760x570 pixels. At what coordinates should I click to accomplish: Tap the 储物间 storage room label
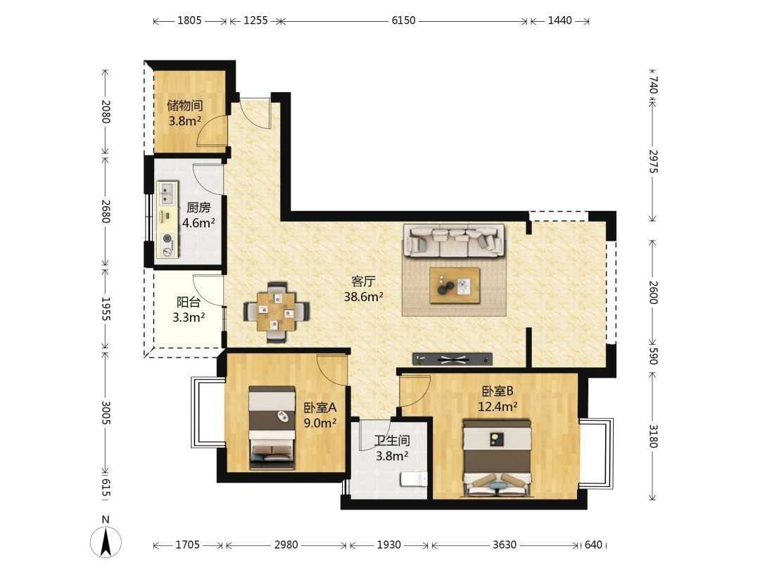[184, 113]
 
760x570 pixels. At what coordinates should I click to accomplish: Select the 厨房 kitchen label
[198, 215]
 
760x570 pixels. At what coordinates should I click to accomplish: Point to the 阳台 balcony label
[189, 310]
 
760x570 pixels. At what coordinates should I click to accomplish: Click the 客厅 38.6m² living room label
[364, 289]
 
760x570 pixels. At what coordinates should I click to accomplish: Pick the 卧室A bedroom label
[320, 415]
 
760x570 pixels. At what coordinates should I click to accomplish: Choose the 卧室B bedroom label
[498, 398]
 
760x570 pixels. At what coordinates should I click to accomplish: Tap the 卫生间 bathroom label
[392, 448]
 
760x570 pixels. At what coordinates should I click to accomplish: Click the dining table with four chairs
[277, 312]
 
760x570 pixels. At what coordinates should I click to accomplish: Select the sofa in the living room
[454, 241]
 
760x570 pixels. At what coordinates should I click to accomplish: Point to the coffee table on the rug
[455, 286]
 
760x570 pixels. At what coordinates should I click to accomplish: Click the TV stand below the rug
[452, 359]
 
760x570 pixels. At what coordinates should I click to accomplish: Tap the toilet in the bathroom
[414, 479]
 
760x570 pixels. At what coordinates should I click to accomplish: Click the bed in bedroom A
[272, 428]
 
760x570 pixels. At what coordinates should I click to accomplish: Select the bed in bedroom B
[498, 458]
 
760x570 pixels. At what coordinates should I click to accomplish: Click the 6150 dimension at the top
[403, 20]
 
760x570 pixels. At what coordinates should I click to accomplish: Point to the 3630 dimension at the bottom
[504, 545]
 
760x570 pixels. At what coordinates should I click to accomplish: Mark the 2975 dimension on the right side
[653, 161]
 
